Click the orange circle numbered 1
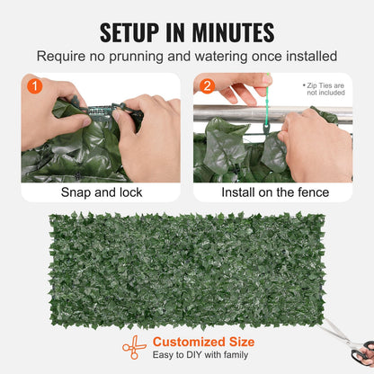[x=33, y=87]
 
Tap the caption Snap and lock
[x=100, y=192]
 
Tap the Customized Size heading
[x=203, y=342]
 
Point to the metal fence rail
[x=225, y=113]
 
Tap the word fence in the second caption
[x=311, y=192]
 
